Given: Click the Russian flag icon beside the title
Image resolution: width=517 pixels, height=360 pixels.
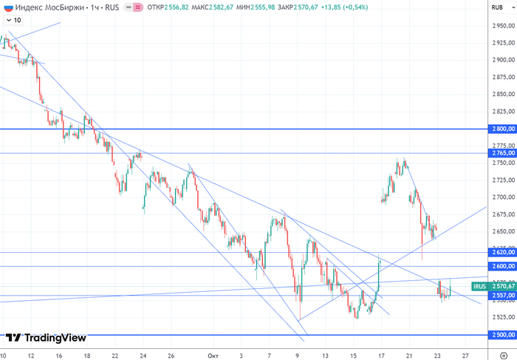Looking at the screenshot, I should pyautogui.click(x=7, y=7).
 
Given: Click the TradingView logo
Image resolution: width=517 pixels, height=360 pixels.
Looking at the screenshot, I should pyautogui.click(x=45, y=338).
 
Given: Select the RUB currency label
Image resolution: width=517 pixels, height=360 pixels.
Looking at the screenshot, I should pyautogui.click(x=497, y=7).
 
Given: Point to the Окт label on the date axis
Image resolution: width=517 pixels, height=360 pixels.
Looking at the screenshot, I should pyautogui.click(x=213, y=355).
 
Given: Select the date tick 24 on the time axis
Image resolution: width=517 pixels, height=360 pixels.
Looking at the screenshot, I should pyautogui.click(x=143, y=355).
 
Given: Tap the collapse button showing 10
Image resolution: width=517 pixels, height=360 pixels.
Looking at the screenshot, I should pyautogui.click(x=13, y=20).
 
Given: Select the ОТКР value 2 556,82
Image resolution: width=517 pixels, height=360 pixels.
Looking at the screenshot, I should pyautogui.click(x=187, y=7).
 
